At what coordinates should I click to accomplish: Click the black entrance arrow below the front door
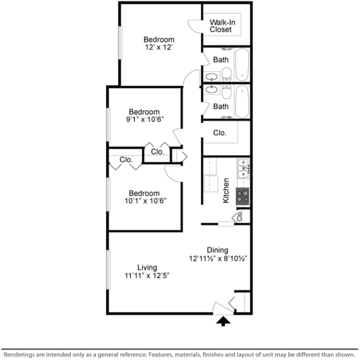coord(223,321)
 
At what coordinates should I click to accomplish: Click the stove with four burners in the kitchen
coord(243,196)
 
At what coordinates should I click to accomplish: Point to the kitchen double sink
coord(243,168)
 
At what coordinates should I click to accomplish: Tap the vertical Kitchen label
coord(226,190)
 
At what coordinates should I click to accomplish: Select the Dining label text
coord(218,250)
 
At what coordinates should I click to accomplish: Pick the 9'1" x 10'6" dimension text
coord(144,119)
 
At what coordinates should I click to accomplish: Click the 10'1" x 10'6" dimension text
coord(144,201)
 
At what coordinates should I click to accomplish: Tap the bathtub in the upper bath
coord(242,64)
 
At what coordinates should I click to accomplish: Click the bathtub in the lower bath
coord(242,102)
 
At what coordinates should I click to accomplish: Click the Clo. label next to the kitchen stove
coord(240,216)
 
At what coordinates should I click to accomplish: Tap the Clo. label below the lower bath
coord(219,133)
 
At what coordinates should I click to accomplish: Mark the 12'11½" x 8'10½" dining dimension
coord(218,258)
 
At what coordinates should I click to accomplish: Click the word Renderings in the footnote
coord(20,354)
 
